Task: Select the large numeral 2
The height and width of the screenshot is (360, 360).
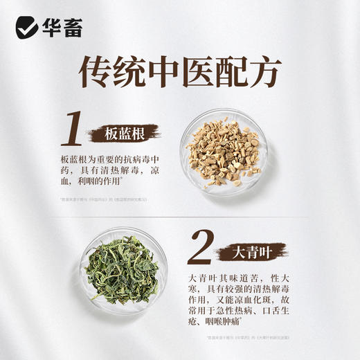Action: pos(201,247)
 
